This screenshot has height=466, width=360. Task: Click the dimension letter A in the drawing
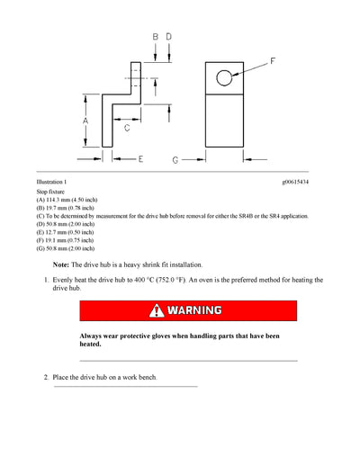pos(86,119)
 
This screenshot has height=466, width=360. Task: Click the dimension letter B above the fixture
pos(155,37)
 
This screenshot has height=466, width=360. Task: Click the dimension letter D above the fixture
pos(168,37)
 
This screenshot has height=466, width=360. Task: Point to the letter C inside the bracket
pos(127,129)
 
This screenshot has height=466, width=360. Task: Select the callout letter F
pos(274,62)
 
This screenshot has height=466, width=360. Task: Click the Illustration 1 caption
pos(53,183)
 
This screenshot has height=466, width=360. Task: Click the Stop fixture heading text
pos(50,193)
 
